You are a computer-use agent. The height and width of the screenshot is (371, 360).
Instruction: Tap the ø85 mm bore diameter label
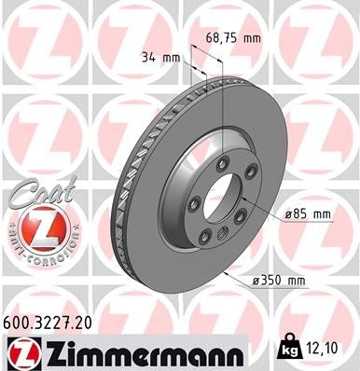click(x=309, y=214)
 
